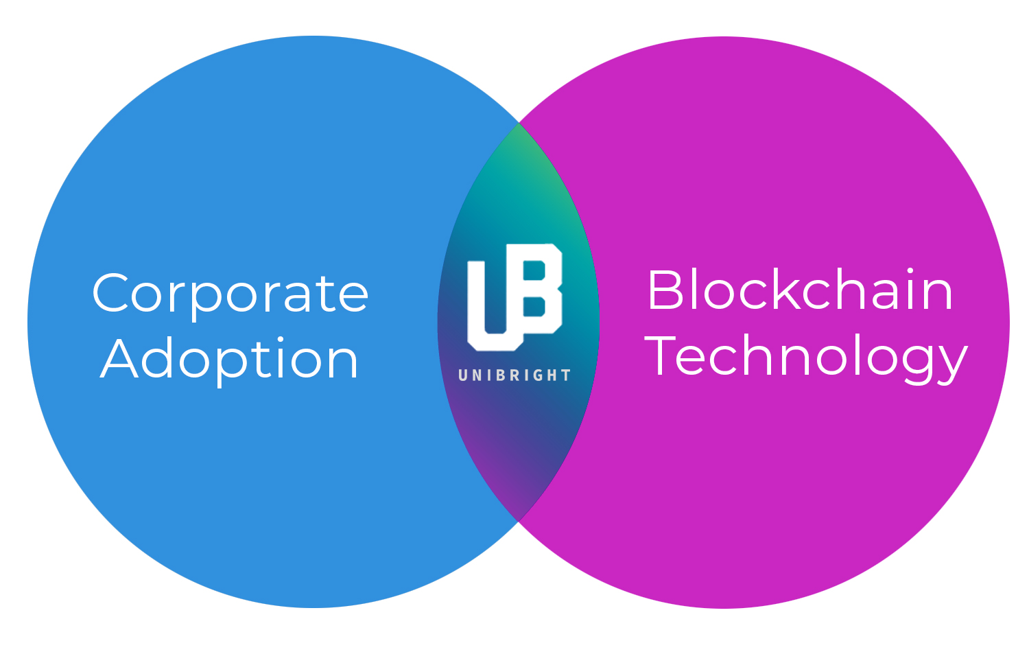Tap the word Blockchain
(x=801, y=290)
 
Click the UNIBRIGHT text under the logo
(x=514, y=375)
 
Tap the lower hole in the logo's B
(x=534, y=307)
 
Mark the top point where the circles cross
(x=519, y=123)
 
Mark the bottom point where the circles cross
(x=518, y=521)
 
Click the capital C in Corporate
(x=110, y=292)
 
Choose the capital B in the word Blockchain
(x=665, y=290)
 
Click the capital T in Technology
(x=660, y=356)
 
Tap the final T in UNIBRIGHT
(x=567, y=375)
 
